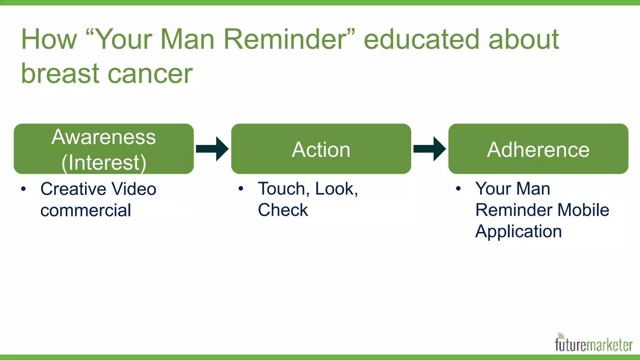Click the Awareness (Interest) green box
click(x=103, y=149)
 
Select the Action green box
click(x=321, y=149)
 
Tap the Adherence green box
click(x=538, y=149)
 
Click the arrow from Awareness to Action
click(x=212, y=149)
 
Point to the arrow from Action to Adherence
click(x=430, y=149)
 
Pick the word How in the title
click(x=49, y=39)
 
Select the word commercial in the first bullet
click(x=86, y=210)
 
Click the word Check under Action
click(x=283, y=210)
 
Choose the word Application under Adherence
click(x=518, y=232)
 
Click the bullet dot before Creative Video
click(x=23, y=189)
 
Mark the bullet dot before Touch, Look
click(x=240, y=189)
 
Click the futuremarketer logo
click(x=593, y=345)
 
